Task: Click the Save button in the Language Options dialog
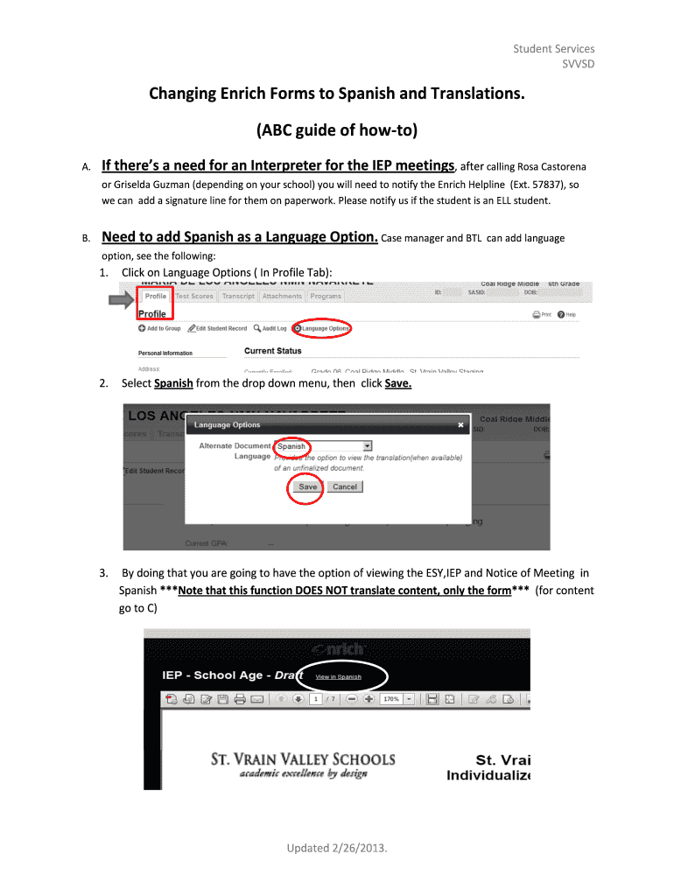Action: pyautogui.click(x=308, y=486)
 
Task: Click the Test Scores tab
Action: pyautogui.click(x=193, y=297)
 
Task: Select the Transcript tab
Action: pyautogui.click(x=238, y=297)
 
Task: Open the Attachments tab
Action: pyautogui.click(x=282, y=297)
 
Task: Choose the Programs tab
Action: pyautogui.click(x=326, y=297)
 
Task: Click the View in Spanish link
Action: pyautogui.click(x=339, y=677)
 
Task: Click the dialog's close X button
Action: pyautogui.click(x=461, y=425)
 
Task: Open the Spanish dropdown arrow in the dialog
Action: pyautogui.click(x=368, y=445)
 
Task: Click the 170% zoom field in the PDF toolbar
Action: pyautogui.click(x=395, y=699)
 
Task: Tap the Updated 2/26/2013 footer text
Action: pyautogui.click(x=336, y=849)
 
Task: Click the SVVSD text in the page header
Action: pyautogui.click(x=578, y=65)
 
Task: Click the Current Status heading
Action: pyautogui.click(x=272, y=351)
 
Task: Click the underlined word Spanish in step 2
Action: pyautogui.click(x=173, y=383)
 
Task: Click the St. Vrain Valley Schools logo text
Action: pyautogui.click(x=303, y=759)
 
